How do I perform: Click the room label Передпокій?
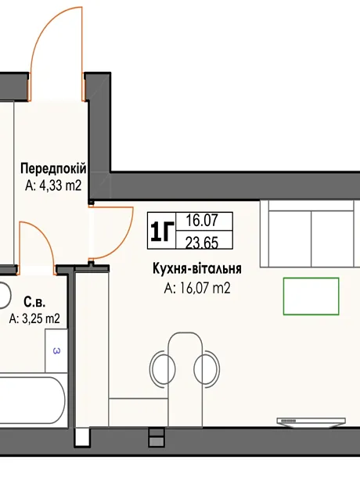pyautogui.click(x=53, y=169)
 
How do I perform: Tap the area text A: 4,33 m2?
pyautogui.click(x=53, y=185)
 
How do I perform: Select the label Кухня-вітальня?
pyautogui.click(x=197, y=268)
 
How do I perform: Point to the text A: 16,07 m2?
pyautogui.click(x=197, y=289)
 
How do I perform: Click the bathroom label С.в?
pyautogui.click(x=34, y=302)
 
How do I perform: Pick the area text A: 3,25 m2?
pyautogui.click(x=34, y=318)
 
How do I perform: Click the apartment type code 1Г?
pyautogui.click(x=161, y=231)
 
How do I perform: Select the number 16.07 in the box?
pyautogui.click(x=202, y=221)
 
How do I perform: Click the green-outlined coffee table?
pyautogui.click(x=311, y=296)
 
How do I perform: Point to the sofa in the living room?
pyautogui.click(x=310, y=234)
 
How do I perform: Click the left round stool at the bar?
pyautogui.click(x=162, y=368)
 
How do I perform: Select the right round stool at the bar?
pyautogui.click(x=207, y=368)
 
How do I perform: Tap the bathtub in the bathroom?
pyautogui.click(x=33, y=401)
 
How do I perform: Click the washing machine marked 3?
pyautogui.click(x=56, y=350)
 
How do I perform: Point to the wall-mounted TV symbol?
pyautogui.click(x=311, y=422)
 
